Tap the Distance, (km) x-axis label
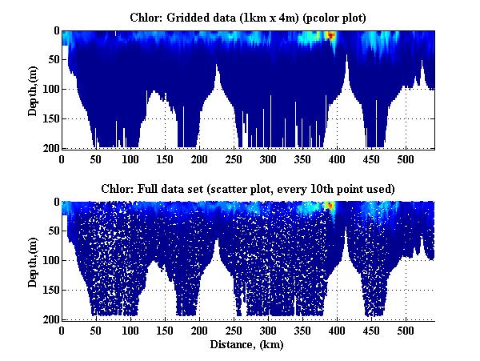coord(248,345)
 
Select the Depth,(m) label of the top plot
coord(33,90)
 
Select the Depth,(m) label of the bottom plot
coord(33,260)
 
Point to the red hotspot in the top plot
coord(330,35)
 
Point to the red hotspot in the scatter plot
coord(330,206)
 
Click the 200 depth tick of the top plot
coord(50,148)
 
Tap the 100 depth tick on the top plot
coord(50,90)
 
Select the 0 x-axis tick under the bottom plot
coord(62,330)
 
